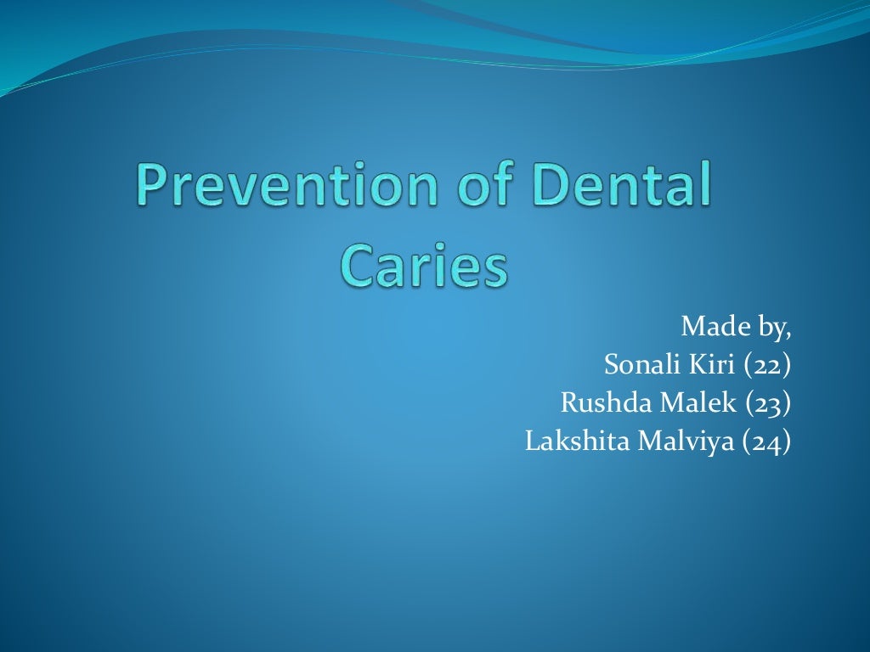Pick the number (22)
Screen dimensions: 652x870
[x=768, y=366]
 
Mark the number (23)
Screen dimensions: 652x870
[x=768, y=403]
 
